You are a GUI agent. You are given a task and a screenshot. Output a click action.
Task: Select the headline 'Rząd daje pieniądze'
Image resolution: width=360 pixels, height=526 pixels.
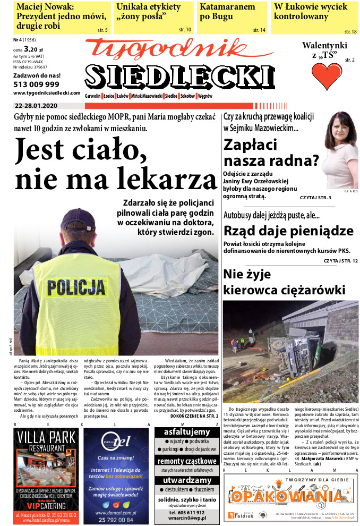(x=288, y=231)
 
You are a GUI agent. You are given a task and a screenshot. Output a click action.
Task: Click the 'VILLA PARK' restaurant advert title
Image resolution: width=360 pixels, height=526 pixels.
(x=48, y=438)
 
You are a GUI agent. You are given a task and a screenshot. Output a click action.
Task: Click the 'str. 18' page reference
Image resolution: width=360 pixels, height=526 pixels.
(x=350, y=32)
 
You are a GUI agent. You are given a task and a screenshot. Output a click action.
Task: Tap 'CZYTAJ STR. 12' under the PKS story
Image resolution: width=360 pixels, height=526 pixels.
(x=340, y=260)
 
